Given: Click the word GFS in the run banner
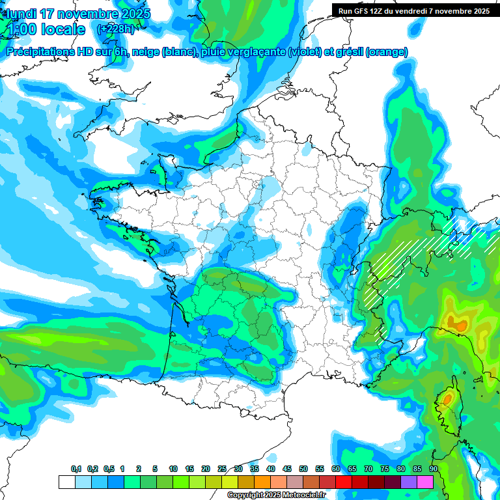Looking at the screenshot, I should click(363, 11).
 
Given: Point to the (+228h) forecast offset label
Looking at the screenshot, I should click(115, 29).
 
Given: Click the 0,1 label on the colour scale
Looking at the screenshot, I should click(76, 469).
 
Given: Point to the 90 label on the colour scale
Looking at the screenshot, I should click(434, 469).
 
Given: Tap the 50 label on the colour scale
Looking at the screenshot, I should click(303, 469).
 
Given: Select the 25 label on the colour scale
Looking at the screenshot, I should click(222, 469).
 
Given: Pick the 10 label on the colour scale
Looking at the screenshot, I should click(173, 469).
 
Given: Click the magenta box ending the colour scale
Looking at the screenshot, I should click(425, 482).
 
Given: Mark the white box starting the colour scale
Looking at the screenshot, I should click(66, 482).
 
